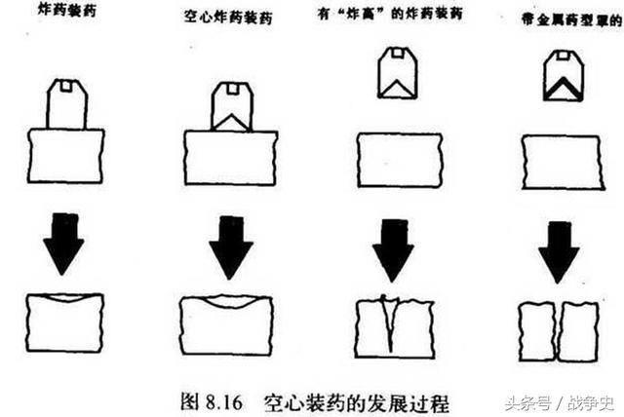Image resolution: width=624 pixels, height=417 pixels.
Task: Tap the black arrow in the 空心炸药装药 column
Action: (230, 244)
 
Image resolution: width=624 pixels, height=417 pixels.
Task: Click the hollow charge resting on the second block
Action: (232, 107)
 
